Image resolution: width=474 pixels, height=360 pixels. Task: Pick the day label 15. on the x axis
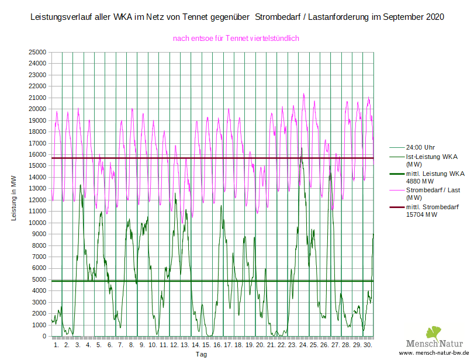click(x=206, y=345)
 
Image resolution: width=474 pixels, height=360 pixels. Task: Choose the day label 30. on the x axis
click(x=368, y=345)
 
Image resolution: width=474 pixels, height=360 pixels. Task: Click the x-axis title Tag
click(x=201, y=354)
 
